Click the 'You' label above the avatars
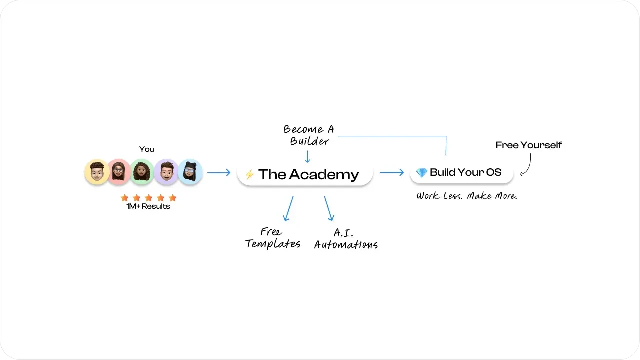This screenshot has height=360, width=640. [147, 149]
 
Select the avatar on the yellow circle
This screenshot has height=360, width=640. [97, 172]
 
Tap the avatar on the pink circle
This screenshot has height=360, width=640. [119, 172]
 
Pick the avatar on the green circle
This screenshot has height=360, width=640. [142, 172]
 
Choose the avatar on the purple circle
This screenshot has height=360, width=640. [167, 172]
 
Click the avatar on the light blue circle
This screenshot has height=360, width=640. [190, 172]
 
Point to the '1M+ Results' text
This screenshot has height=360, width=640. [148, 206]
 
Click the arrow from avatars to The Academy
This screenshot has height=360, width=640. [219, 172]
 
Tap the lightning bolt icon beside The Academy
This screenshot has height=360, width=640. [249, 174]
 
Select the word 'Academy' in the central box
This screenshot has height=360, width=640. [324, 175]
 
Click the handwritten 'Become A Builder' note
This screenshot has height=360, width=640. [309, 135]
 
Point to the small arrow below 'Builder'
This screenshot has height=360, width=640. [307, 157]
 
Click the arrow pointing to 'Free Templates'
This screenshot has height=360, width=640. [288, 208]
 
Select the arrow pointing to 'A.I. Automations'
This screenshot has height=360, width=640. [329, 208]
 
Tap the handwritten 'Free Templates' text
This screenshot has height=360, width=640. [273, 238]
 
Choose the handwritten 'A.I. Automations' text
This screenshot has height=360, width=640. [346, 239]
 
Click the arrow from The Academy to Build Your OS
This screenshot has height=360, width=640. [392, 172]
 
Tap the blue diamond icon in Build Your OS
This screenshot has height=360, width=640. [421, 172]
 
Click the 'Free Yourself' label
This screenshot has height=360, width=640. [529, 145]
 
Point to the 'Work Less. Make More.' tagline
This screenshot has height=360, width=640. [467, 196]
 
